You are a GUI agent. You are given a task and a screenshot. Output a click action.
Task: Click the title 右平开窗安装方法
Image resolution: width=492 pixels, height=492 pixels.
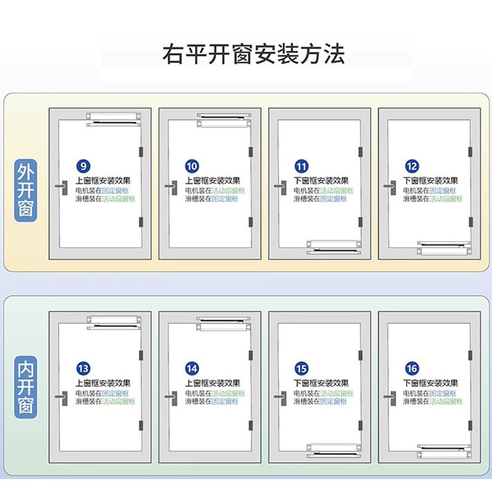(x=253, y=54)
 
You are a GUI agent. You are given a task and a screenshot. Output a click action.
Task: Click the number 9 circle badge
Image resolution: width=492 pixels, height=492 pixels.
(x=82, y=167)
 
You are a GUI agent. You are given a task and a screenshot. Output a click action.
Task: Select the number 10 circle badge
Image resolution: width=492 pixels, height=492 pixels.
(x=192, y=167)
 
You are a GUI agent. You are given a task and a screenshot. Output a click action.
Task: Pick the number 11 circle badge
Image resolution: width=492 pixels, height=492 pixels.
(x=302, y=167)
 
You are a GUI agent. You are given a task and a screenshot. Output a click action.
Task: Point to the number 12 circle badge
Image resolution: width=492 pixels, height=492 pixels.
(x=412, y=167)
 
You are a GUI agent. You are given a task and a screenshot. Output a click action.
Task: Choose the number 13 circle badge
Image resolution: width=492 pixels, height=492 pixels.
(x=82, y=369)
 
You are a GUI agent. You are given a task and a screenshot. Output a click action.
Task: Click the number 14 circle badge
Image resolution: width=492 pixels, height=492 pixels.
(x=192, y=369)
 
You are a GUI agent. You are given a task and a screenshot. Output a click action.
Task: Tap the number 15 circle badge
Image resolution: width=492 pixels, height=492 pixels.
(x=302, y=369)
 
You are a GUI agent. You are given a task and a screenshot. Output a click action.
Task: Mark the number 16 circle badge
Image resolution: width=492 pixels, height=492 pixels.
(x=412, y=369)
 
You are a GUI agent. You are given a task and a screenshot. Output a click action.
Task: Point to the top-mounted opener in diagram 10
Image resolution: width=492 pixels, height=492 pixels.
(x=224, y=119)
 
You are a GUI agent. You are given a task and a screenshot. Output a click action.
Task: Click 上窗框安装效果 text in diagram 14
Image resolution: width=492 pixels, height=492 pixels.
(x=213, y=383)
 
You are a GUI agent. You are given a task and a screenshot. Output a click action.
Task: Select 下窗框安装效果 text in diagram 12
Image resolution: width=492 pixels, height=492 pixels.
(x=430, y=181)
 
